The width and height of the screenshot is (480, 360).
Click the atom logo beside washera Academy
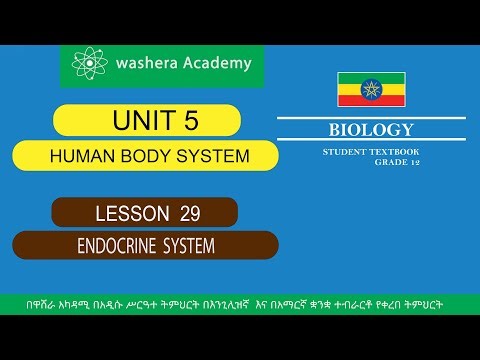[88, 65]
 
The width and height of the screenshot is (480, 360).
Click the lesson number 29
[191, 212]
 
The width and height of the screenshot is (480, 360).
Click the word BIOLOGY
[371, 129]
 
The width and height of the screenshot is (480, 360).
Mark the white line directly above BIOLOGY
[371, 116]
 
